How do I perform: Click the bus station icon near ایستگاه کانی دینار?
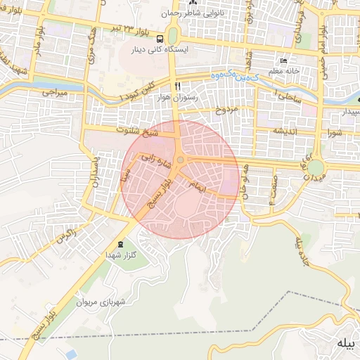coord(161,39)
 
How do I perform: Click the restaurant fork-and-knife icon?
coord(187,86)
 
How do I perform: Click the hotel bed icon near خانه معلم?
coord(283,61)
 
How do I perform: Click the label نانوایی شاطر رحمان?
coord(192,13)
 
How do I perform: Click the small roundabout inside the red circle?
coord(181,161)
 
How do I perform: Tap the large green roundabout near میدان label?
coord(315,168)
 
